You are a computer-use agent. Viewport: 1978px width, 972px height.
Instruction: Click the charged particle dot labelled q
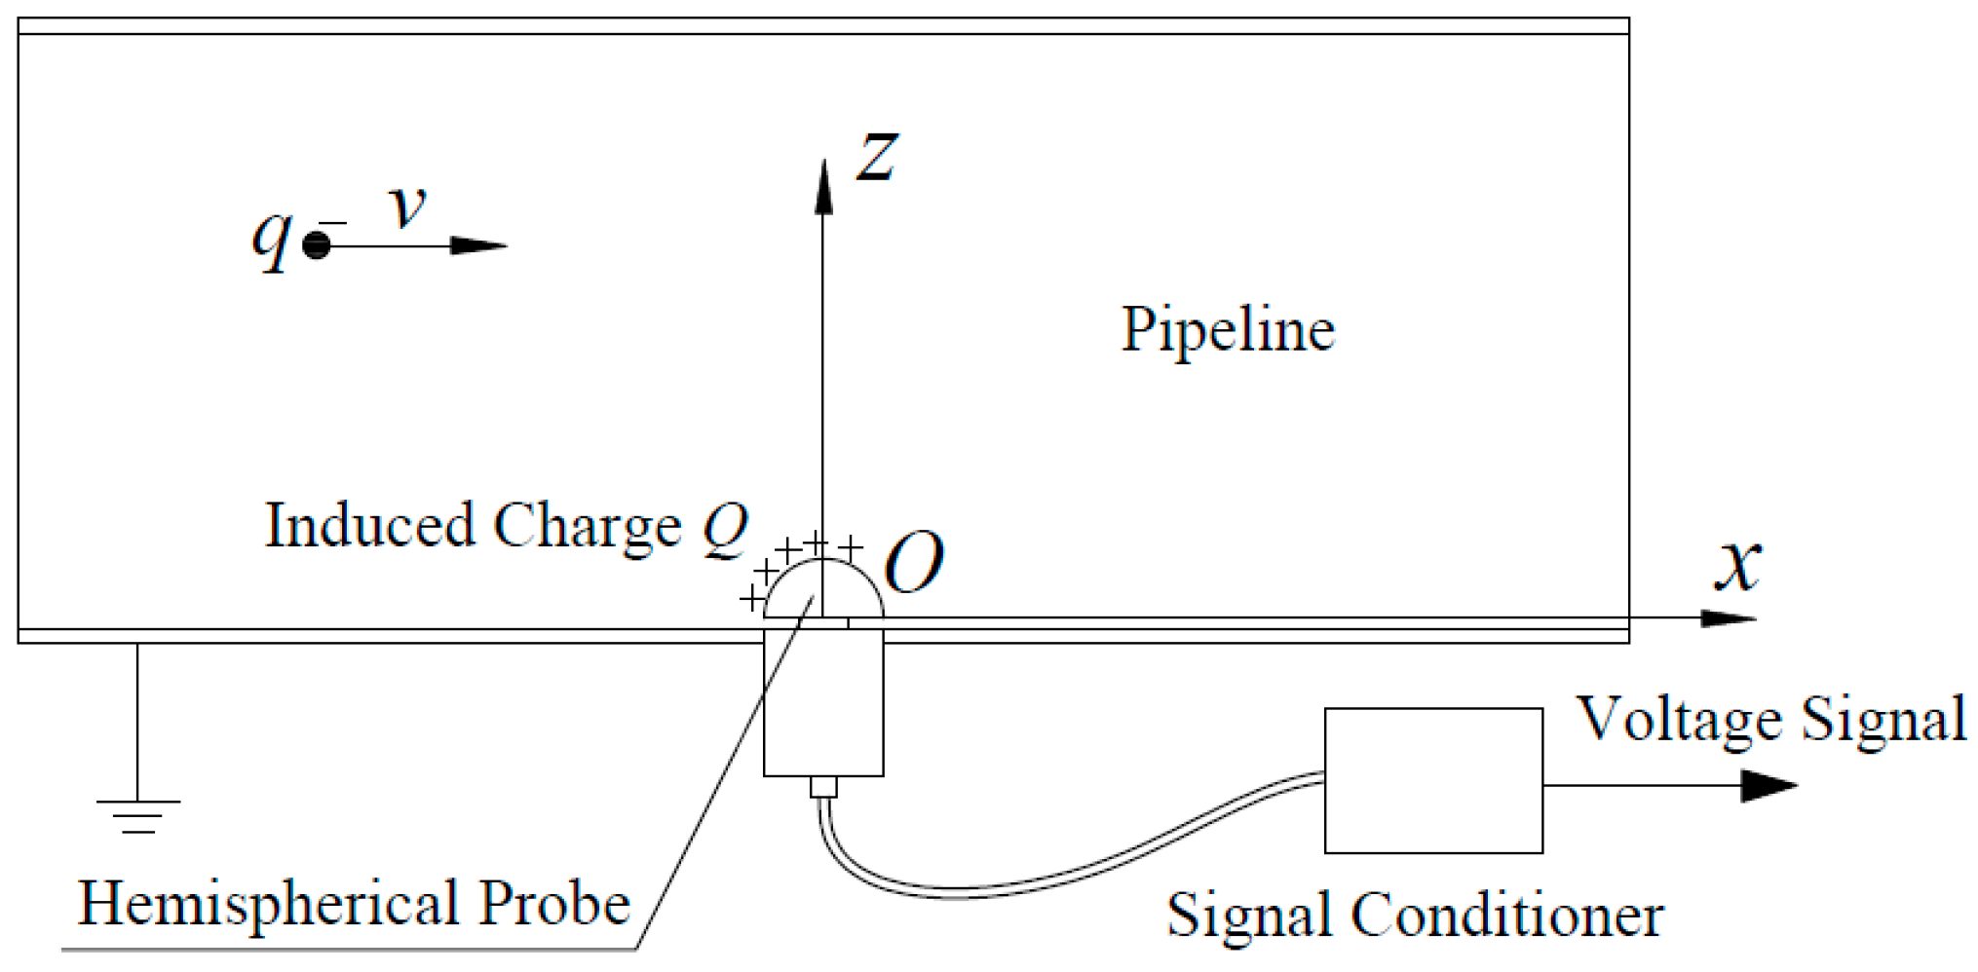tap(317, 245)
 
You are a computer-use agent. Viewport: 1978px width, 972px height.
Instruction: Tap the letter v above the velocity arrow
tap(407, 206)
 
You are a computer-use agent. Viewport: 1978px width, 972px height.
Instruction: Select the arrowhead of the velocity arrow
tap(479, 245)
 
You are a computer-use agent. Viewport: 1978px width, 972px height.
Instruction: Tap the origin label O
tap(914, 563)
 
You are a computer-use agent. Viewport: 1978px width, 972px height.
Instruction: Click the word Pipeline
tap(1228, 330)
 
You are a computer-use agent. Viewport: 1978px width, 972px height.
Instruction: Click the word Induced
tap(370, 526)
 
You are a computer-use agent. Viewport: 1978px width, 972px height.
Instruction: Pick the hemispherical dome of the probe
tap(823, 563)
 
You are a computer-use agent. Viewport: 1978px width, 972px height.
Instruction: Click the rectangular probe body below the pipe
tap(823, 702)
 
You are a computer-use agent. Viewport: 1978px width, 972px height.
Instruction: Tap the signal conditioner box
tap(1433, 780)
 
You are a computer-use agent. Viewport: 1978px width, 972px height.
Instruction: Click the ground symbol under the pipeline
tap(138, 816)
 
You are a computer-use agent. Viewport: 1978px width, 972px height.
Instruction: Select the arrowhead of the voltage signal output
tap(1769, 785)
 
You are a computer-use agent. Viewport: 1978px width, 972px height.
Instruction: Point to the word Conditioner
tap(1507, 916)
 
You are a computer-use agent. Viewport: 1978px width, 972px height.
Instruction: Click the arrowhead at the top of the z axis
tap(823, 186)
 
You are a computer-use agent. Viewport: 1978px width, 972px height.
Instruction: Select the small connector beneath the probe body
tap(823, 787)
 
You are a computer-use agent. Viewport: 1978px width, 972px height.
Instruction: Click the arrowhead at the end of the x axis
tap(1729, 618)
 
